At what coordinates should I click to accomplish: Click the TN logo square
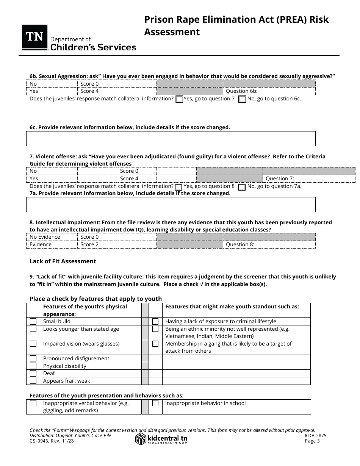[x=34, y=37]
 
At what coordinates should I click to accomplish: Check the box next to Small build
[x=33, y=321]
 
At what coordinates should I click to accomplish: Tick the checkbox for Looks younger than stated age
[x=33, y=329]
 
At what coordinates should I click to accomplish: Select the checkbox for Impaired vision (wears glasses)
[x=33, y=344]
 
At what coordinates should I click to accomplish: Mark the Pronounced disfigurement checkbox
[x=33, y=358]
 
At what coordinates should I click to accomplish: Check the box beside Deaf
[x=33, y=373]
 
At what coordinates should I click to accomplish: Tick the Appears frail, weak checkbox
[x=33, y=381]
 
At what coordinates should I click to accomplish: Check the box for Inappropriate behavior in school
[x=155, y=403]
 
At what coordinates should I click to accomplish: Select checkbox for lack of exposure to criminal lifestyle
[x=155, y=321]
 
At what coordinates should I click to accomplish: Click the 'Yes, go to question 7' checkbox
[x=179, y=99]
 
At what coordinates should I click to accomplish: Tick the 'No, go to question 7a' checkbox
[x=242, y=187]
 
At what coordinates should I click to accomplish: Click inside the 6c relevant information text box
[x=171, y=139]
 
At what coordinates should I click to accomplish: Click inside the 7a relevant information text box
[x=171, y=204]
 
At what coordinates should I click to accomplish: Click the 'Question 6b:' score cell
[x=269, y=91]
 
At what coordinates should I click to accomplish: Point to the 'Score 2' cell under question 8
[x=97, y=244]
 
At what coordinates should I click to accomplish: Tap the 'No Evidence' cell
[x=52, y=237]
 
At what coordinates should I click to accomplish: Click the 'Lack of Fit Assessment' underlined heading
[x=63, y=261]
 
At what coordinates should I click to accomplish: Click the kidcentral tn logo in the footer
[x=161, y=439]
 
